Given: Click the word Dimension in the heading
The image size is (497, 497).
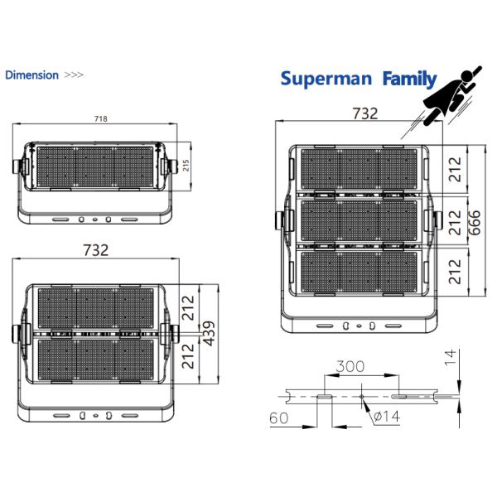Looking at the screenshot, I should pyautogui.click(x=31, y=75).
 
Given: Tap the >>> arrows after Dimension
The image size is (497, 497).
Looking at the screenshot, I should pyautogui.click(x=74, y=75).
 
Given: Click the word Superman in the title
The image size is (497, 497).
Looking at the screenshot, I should pyautogui.click(x=327, y=79).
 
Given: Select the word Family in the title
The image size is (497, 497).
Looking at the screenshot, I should pyautogui.click(x=409, y=79).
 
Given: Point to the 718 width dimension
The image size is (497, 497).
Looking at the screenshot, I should pyautogui.click(x=101, y=118).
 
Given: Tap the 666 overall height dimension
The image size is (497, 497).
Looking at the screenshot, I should pyautogui.click(x=475, y=223).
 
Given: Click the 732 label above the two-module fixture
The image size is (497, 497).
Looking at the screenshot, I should pyautogui.click(x=96, y=251).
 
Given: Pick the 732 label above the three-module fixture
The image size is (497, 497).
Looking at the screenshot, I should pyautogui.click(x=364, y=113).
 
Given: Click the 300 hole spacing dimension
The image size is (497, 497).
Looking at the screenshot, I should pyautogui.click(x=351, y=365).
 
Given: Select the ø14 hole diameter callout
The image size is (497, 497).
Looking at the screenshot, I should pyautogui.click(x=386, y=417).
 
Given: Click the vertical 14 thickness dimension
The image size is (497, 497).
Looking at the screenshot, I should pyautogui.click(x=450, y=358).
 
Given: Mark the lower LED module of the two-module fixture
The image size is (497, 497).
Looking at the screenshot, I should pyautogui.click(x=97, y=361).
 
